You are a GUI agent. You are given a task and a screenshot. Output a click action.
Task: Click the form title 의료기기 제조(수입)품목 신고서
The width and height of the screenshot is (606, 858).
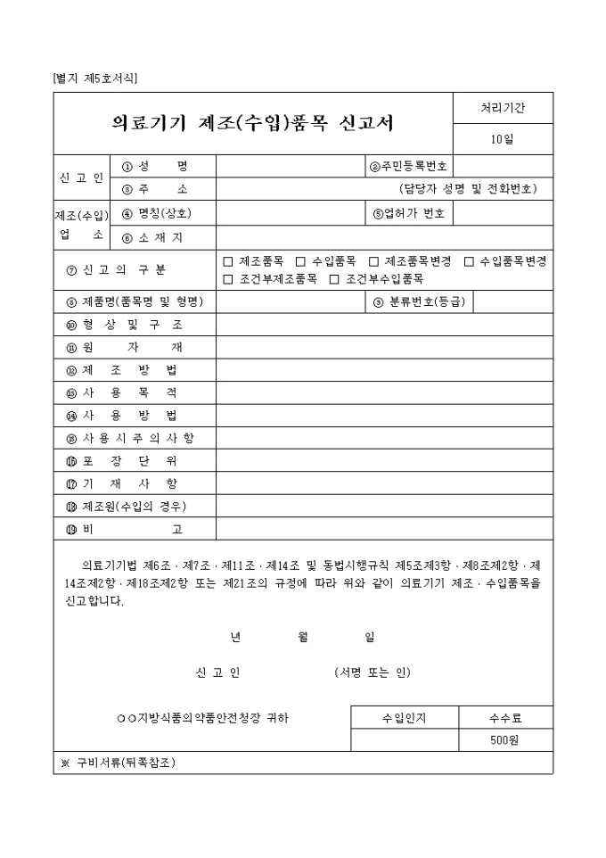[253, 123]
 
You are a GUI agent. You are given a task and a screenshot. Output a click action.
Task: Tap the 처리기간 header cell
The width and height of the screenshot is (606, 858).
[503, 108]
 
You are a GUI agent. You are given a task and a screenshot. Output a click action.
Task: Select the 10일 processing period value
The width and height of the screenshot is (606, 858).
[503, 138]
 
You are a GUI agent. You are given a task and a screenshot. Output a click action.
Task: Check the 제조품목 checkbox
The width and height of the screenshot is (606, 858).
[228, 261]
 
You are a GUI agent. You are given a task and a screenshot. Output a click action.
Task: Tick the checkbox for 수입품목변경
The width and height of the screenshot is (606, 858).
[469, 261]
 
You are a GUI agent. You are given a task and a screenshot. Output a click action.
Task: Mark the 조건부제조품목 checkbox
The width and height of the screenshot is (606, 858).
[228, 279]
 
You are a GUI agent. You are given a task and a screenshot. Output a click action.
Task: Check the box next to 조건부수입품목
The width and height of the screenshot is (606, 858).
[334, 279]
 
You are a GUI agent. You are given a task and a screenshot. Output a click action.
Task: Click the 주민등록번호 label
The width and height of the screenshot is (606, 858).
[409, 167]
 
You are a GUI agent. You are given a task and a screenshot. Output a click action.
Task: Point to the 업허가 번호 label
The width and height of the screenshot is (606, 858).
[409, 213]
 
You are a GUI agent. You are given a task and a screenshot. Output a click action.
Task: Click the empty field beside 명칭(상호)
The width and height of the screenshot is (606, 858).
[290, 213]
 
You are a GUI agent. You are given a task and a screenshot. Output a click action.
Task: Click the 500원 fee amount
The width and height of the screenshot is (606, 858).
[504, 740]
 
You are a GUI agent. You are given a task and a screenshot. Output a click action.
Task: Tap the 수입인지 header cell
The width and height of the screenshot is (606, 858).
[405, 717]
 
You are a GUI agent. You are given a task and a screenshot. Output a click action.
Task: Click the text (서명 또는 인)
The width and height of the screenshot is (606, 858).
[373, 672]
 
